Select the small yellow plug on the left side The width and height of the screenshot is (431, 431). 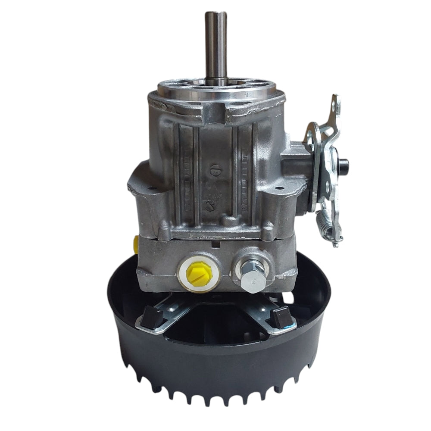(136, 244)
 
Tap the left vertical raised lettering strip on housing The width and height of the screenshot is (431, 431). (186, 172)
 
